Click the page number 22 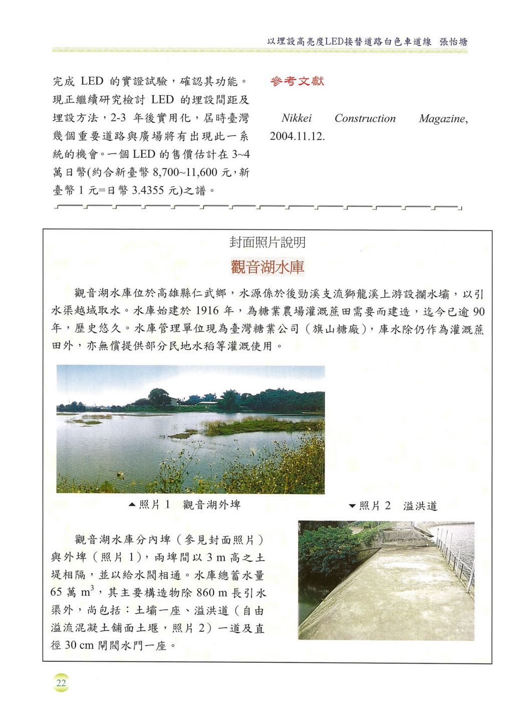(x=61, y=683)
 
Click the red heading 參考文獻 (x=297, y=81)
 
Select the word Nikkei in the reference (x=297, y=118)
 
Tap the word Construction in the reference (x=365, y=119)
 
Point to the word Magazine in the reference (x=442, y=119)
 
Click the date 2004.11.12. (x=297, y=136)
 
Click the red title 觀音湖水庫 (x=268, y=267)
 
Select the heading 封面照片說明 (x=268, y=243)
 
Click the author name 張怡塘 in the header (x=453, y=42)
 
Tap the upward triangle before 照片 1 (x=132, y=505)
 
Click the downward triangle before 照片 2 (x=352, y=507)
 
